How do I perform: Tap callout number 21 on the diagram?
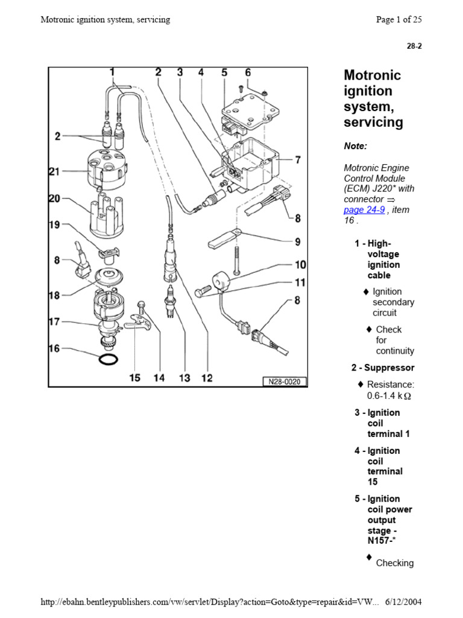pyautogui.click(x=55, y=171)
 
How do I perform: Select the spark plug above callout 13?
pyautogui.click(x=171, y=299)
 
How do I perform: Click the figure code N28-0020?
pyautogui.click(x=285, y=381)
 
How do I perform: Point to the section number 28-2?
pyautogui.click(x=414, y=46)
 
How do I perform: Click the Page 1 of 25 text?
pyautogui.click(x=398, y=19)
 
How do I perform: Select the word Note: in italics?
pyautogui.click(x=355, y=146)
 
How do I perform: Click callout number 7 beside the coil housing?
pyautogui.click(x=297, y=160)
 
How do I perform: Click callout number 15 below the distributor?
pyautogui.click(x=134, y=378)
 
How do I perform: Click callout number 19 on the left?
pyautogui.click(x=55, y=225)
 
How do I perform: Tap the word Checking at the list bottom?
pyautogui.click(x=394, y=563)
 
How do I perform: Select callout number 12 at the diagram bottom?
pyautogui.click(x=207, y=378)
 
